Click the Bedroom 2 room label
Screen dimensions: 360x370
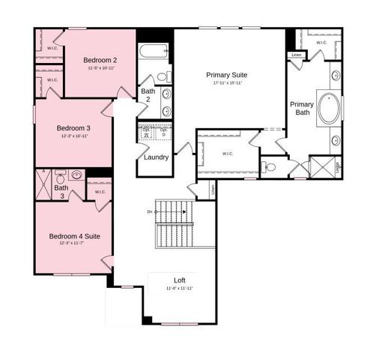tap(99, 59)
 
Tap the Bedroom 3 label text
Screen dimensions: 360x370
tap(73, 128)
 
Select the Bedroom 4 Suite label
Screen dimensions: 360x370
tap(75, 236)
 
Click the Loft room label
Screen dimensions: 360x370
tap(180, 280)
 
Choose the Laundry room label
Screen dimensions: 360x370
tap(155, 157)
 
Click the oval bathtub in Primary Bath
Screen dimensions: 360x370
tap(328, 108)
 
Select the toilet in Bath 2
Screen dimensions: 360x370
tap(162, 76)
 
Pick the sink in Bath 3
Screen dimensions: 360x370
tap(76, 175)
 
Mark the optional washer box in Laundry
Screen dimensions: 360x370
tap(146, 132)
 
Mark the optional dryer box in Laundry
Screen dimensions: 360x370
tap(163, 132)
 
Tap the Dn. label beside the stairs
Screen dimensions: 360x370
tap(151, 212)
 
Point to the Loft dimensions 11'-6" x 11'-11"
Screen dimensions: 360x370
tap(180, 289)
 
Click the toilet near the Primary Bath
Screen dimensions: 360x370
tap(270, 167)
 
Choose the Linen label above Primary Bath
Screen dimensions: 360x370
tap(296, 54)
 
